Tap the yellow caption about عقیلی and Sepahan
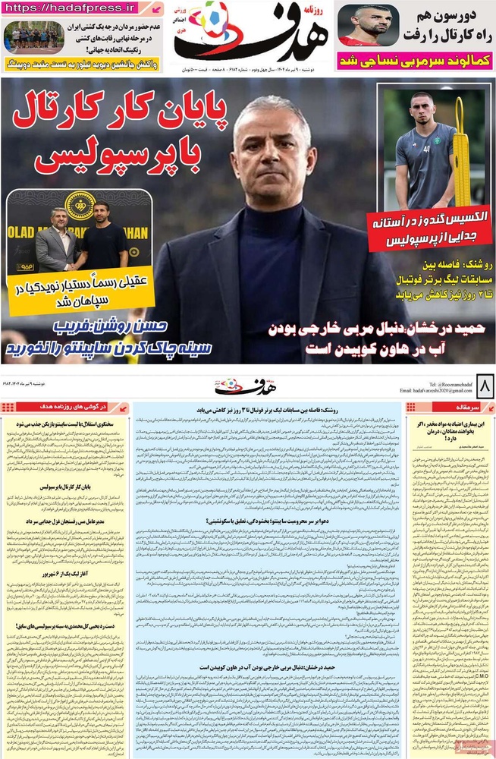coord(80,292)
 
